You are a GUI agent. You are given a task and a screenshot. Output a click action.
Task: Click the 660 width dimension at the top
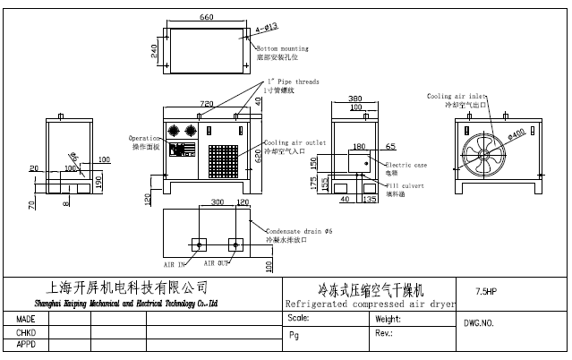pos(206,17)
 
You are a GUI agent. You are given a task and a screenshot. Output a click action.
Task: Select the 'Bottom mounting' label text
pos(283,48)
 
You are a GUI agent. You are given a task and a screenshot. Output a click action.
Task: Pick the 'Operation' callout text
pos(144,138)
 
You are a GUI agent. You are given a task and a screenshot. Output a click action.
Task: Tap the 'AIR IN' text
pos(175,264)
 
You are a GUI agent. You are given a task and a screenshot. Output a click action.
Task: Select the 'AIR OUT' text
pos(218,263)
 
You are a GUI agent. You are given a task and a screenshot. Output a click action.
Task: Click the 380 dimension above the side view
pos(355,99)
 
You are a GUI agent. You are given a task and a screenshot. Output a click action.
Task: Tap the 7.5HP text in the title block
pos(486,291)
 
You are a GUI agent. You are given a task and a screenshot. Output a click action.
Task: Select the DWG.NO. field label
pos(479,322)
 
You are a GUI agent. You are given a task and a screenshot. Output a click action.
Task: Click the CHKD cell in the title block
pos(26,331)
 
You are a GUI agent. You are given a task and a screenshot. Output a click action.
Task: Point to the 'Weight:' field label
pos(388,318)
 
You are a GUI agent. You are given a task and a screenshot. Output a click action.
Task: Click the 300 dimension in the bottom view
pos(218,202)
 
